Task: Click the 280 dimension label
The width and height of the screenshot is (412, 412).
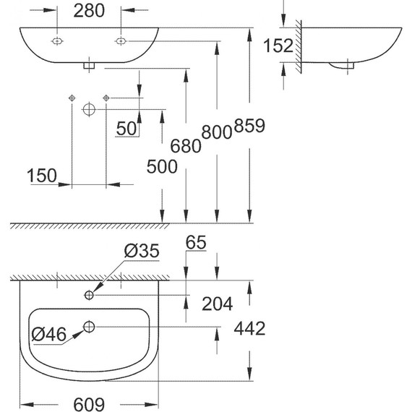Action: point(89,11)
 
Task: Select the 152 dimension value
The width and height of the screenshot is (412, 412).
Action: point(278,46)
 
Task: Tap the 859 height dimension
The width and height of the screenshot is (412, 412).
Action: point(250,126)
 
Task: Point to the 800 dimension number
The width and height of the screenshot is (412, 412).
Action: point(218,132)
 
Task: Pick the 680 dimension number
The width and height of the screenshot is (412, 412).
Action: point(186,145)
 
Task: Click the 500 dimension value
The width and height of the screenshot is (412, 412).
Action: point(161,167)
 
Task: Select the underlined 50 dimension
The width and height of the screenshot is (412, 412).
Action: point(126,128)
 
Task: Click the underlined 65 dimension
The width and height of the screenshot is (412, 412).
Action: point(197,243)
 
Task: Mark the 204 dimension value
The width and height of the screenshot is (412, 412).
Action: point(218,304)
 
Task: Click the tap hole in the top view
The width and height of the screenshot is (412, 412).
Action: point(89,295)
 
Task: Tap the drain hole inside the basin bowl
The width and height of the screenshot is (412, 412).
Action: point(89,327)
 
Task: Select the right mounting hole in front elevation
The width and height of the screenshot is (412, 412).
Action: point(120,42)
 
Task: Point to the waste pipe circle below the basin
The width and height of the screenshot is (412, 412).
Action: point(88,109)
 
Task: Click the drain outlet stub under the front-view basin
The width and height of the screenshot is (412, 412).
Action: point(88,66)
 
